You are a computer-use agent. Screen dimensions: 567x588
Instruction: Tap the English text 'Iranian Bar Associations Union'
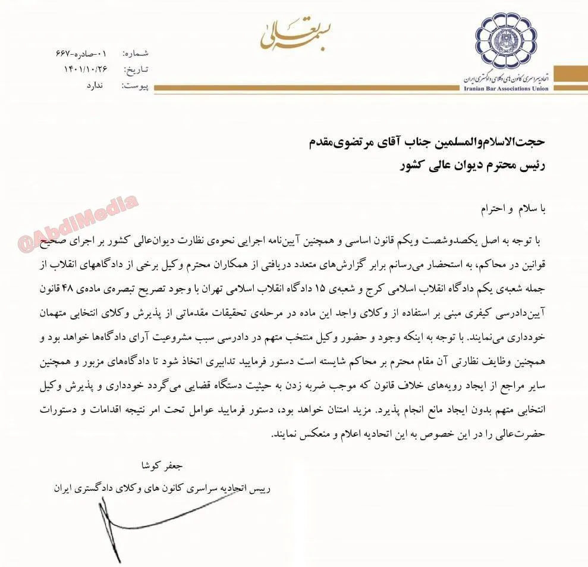tap(506, 89)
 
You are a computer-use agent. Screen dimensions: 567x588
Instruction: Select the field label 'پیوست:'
tap(135, 86)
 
